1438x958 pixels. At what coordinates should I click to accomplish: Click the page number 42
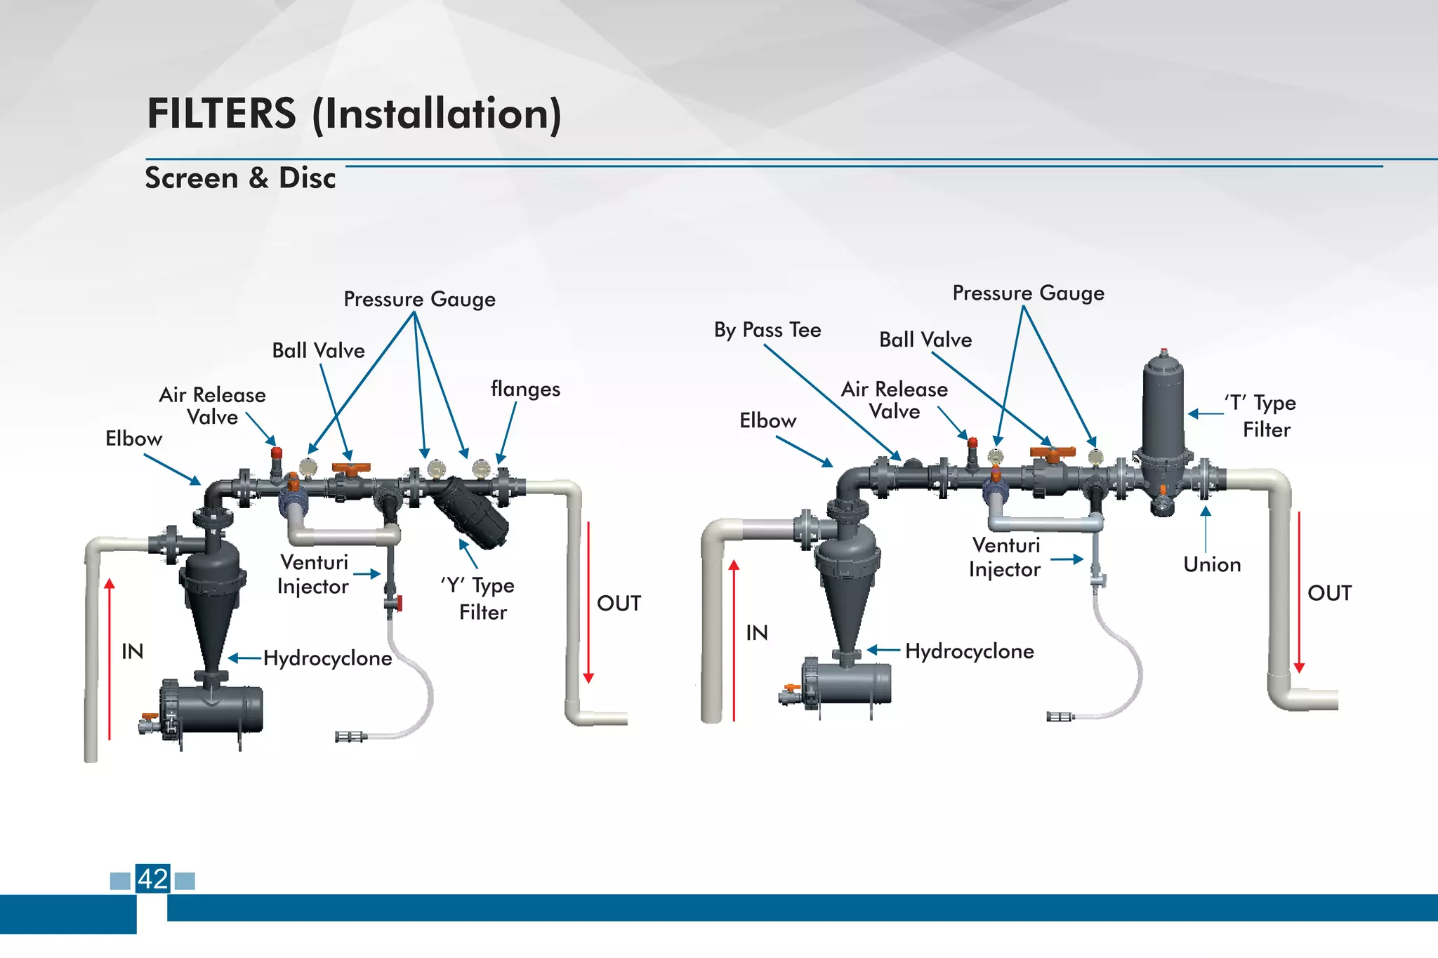pos(153,879)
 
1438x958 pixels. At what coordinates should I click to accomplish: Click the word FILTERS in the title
pos(221,114)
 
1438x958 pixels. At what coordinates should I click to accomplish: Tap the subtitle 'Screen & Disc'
pos(240,178)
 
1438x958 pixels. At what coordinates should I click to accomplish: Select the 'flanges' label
pos(525,390)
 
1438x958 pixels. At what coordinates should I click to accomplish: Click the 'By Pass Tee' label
pos(767,330)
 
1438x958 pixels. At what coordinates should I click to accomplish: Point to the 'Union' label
pos(1212,565)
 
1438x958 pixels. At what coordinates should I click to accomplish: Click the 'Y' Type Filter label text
pos(480,599)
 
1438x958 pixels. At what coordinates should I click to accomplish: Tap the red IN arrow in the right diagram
pos(734,639)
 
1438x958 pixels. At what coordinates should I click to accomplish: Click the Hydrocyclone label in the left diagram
pos(327,658)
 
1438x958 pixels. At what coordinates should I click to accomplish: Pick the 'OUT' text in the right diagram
pos(1329,593)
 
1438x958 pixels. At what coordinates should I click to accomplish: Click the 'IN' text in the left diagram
pos(132,652)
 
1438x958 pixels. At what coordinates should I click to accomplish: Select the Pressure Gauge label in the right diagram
pos(1028,293)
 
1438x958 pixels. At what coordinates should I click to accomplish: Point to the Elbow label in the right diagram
pos(767,421)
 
